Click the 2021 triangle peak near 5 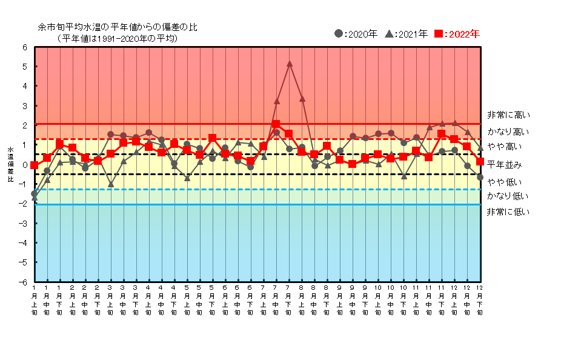click(290, 64)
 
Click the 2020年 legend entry click(356, 34)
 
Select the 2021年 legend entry click(407, 34)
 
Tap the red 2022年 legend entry click(458, 34)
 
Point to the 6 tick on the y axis click(25, 47)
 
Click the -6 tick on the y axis click(24, 282)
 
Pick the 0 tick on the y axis click(25, 165)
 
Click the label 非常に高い click(509, 115)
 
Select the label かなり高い click(508, 132)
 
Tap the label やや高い click(504, 147)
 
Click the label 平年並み click(504, 165)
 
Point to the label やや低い click(504, 182)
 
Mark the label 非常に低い click(508, 212)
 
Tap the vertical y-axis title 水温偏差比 click(10, 164)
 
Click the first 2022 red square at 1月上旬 click(34, 165)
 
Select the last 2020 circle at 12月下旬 click(480, 177)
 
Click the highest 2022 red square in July click(276, 124)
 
